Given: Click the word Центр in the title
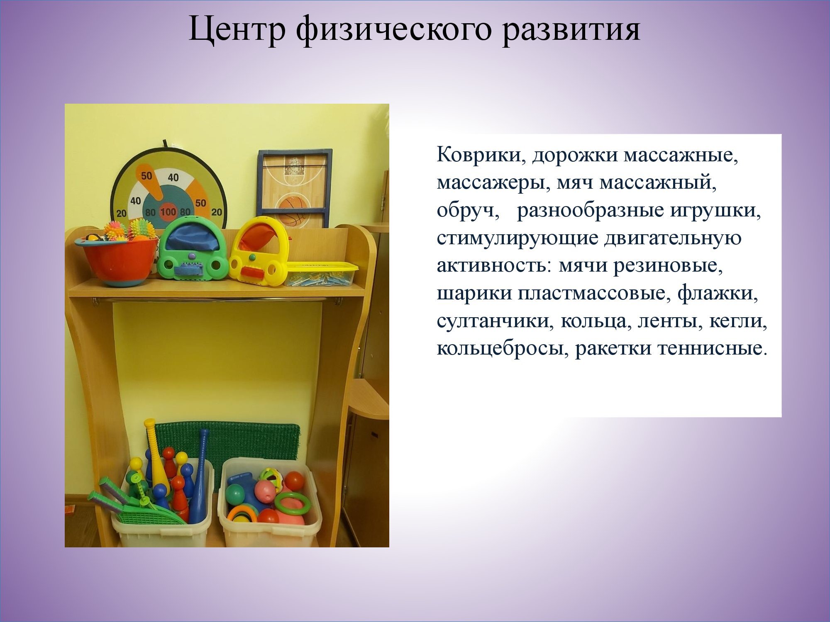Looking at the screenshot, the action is click(237, 29).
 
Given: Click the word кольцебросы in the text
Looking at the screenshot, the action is click(502, 349).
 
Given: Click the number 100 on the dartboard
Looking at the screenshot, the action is click(168, 212).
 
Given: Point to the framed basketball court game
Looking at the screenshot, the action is click(295, 188).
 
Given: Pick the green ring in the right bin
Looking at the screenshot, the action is click(292, 503).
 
